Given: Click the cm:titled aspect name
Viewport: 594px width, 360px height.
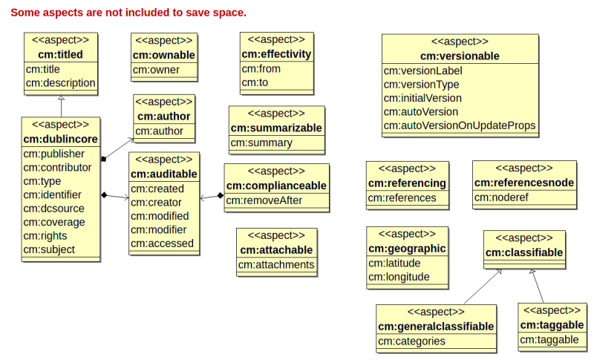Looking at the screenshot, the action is pyautogui.click(x=60, y=54).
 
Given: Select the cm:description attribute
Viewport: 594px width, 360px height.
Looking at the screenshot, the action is pyautogui.click(x=61, y=83).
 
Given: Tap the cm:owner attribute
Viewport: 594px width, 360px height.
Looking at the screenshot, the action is pyautogui.click(x=156, y=70).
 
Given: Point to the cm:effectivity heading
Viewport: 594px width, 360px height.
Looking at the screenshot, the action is pyautogui.click(x=276, y=54).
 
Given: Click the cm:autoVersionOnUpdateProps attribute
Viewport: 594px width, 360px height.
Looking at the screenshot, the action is pyautogui.click(x=460, y=125).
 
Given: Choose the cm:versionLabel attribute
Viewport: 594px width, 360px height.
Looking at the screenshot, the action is pyautogui.click(x=422, y=71).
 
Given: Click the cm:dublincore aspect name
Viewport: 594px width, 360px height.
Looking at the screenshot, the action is pyautogui.click(x=61, y=140).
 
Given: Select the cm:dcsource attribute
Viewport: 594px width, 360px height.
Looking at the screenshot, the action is pyautogui.click(x=53, y=209).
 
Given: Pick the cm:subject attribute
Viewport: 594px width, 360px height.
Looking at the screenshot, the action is pyautogui.click(x=49, y=249).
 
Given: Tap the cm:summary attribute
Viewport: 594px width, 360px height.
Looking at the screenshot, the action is pyautogui.click(x=261, y=143).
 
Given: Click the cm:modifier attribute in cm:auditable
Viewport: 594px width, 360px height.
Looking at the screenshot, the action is pyautogui.click(x=158, y=230).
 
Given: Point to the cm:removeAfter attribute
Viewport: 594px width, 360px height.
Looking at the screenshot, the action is pyautogui.click(x=264, y=200).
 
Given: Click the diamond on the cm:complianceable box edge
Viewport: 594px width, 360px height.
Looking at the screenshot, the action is pyautogui.click(x=221, y=196).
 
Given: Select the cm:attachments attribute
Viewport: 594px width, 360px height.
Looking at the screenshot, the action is pyautogui.click(x=276, y=264).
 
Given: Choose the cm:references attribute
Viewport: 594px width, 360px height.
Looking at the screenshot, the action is pyautogui.click(x=402, y=197).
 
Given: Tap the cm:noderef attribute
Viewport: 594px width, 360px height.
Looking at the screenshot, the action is pyautogui.click(x=501, y=197).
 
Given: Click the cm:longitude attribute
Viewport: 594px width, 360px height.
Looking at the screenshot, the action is pyautogui.click(x=399, y=277).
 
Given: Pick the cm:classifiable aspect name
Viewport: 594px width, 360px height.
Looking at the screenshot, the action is pyautogui.click(x=524, y=252).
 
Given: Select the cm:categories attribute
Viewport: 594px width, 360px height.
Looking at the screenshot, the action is pyautogui.click(x=411, y=341).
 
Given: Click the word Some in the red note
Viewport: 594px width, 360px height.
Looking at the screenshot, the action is pyautogui.click(x=25, y=13).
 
